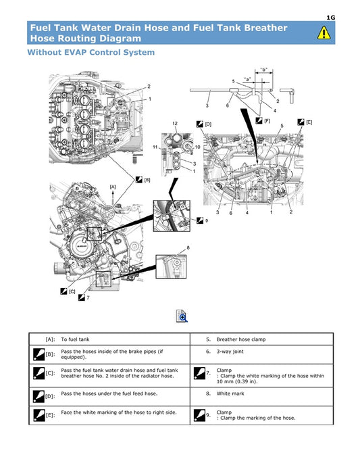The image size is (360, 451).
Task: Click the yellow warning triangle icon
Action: click(x=324, y=32)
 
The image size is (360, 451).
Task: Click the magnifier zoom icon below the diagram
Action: click(x=182, y=316)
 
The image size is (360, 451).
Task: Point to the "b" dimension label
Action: click(x=263, y=70)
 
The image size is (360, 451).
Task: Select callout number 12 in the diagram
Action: click(x=175, y=123)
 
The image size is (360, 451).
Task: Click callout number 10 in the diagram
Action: click(x=197, y=146)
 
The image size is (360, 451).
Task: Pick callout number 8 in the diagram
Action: click(x=188, y=247)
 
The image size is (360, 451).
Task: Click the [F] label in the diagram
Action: click(x=267, y=120)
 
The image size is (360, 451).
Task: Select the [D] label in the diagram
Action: click(x=208, y=124)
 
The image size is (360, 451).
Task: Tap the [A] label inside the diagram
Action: click(x=113, y=186)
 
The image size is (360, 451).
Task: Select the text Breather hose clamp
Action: click(x=245, y=339)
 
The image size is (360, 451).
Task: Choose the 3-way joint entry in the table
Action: click(x=232, y=352)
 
